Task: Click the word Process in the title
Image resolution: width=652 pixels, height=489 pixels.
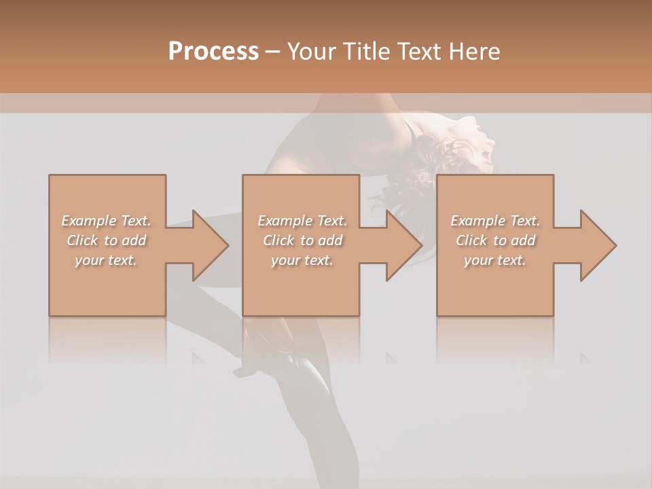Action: click(x=213, y=52)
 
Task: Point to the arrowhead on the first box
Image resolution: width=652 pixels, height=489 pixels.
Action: click(x=207, y=245)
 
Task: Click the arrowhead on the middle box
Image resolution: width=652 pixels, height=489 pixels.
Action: click(x=401, y=245)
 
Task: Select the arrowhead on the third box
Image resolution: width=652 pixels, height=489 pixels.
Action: click(x=595, y=245)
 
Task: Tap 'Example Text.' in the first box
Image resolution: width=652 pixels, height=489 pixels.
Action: click(x=106, y=221)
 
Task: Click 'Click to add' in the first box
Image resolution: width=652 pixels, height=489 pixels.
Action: click(x=106, y=240)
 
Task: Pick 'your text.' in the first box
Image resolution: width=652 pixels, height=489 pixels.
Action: click(x=106, y=260)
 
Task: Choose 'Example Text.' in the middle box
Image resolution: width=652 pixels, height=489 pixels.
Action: click(x=302, y=221)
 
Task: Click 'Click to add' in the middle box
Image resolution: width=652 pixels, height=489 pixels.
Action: click(x=302, y=240)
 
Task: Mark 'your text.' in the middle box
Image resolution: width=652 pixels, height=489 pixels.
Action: click(x=302, y=260)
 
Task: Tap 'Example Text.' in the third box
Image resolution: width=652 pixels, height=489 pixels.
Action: click(x=495, y=221)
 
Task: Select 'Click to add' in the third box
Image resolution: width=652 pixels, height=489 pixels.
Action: click(x=495, y=240)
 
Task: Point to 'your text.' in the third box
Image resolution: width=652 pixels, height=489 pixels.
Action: click(x=495, y=260)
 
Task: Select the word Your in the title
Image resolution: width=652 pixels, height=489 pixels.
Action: click(x=310, y=52)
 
